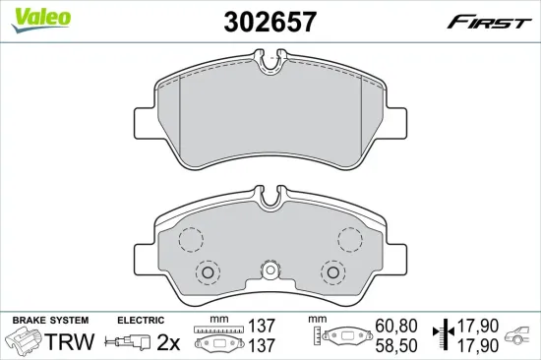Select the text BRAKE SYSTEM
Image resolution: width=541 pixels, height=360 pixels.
tap(49, 320)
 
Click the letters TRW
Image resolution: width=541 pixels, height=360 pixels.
tap(71, 341)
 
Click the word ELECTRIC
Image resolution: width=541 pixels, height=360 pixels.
tap(140, 320)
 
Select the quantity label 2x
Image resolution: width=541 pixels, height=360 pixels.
tap(169, 341)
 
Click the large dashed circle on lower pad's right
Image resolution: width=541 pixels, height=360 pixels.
tap(349, 239)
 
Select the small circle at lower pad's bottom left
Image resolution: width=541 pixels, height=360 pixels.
tap(207, 272)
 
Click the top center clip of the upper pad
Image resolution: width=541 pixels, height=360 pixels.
tap(270, 65)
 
